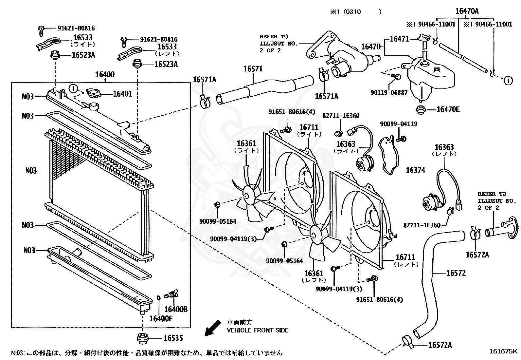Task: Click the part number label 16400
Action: (105, 74)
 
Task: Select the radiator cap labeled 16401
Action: (93, 93)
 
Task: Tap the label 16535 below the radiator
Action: (173, 338)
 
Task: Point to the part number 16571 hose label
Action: (253, 69)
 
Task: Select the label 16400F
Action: (161, 318)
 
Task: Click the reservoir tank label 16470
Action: (371, 47)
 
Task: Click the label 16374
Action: (415, 170)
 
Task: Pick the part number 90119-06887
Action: (389, 93)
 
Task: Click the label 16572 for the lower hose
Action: (456, 273)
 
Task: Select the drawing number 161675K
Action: (503, 351)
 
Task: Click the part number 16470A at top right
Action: (467, 11)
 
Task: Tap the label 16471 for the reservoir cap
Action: (400, 39)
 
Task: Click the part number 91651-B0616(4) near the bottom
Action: (380, 299)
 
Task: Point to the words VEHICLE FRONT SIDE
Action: (258, 330)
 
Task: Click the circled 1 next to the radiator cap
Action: (74, 88)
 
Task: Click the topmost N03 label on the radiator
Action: (28, 96)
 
